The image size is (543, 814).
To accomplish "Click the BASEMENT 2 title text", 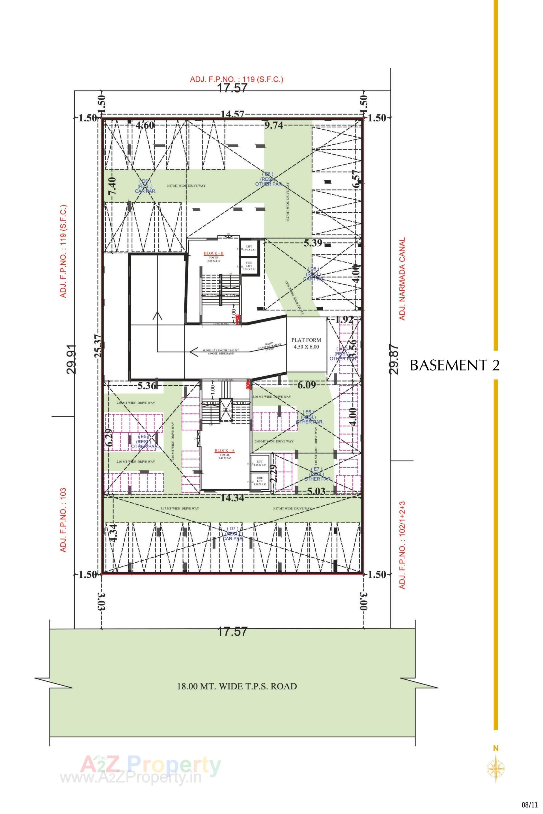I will click(x=455, y=366).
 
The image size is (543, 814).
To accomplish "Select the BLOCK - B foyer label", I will click(x=214, y=256).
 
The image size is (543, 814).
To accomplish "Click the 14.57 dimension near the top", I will click(x=233, y=114).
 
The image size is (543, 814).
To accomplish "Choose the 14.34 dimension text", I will click(x=232, y=498).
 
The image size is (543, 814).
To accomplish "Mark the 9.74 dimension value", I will click(x=273, y=125).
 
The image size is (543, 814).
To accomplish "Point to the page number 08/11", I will click(x=530, y=803).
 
